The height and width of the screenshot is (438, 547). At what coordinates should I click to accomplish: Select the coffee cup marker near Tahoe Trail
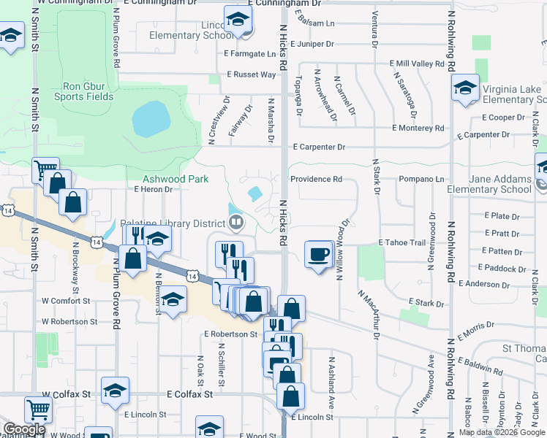(x=319, y=255)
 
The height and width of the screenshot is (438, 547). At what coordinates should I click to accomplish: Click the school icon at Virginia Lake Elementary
(x=465, y=90)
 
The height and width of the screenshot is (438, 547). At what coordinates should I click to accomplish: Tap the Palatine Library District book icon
(x=236, y=222)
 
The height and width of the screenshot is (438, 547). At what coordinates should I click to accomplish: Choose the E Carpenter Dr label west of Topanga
(x=319, y=147)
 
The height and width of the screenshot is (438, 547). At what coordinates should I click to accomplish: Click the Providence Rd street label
(x=316, y=179)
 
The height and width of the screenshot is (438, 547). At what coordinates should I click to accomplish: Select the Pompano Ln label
(x=421, y=179)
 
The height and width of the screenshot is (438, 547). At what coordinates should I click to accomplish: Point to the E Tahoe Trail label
(x=401, y=242)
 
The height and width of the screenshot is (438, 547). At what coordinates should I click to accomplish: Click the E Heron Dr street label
(x=152, y=189)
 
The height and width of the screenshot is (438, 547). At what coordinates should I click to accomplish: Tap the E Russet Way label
(x=251, y=74)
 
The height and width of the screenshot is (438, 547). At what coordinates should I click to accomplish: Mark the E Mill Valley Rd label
(x=418, y=64)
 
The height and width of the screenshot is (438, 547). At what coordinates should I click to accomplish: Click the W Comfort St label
(x=65, y=300)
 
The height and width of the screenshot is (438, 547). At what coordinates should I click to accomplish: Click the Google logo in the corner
(x=24, y=429)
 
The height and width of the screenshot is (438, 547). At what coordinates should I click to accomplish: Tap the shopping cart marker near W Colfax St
(x=38, y=409)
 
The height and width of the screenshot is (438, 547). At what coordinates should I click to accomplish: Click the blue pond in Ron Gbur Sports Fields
(x=151, y=119)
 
